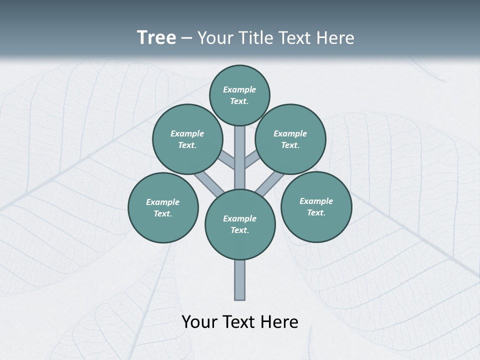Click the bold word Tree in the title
coord(156,38)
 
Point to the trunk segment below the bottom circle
coord(240,280)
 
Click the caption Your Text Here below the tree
coord(240,321)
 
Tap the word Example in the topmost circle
coord(239,89)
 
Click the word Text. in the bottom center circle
coord(239,230)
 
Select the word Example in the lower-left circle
coord(162,202)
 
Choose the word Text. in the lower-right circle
coord(316,212)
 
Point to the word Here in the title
coord(337,38)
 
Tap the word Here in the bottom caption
coord(280,321)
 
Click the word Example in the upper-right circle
coord(290,133)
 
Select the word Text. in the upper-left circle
coord(187,145)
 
